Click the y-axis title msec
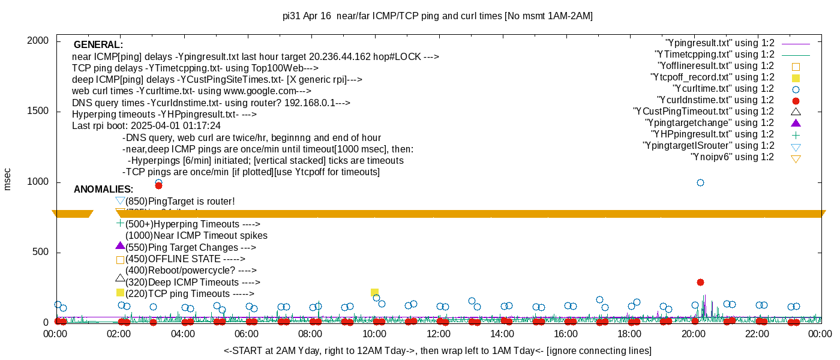pyautogui.click(x=8, y=178)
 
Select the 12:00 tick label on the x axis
pyautogui.click(x=438, y=335)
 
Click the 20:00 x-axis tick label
pyautogui.click(x=693, y=335)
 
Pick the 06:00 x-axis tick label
pyautogui.click(x=247, y=335)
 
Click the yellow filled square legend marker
pyautogui.click(x=796, y=78)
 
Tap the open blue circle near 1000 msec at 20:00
pyautogui.click(x=700, y=182)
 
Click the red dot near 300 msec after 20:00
pyautogui.click(x=700, y=282)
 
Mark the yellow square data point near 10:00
pyautogui.click(x=374, y=293)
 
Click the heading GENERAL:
pyautogui.click(x=98, y=45)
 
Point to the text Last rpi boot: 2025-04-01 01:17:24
pyautogui.click(x=146, y=126)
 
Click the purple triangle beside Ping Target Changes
pyautogui.click(x=120, y=245)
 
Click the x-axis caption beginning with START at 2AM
pyautogui.click(x=437, y=350)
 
